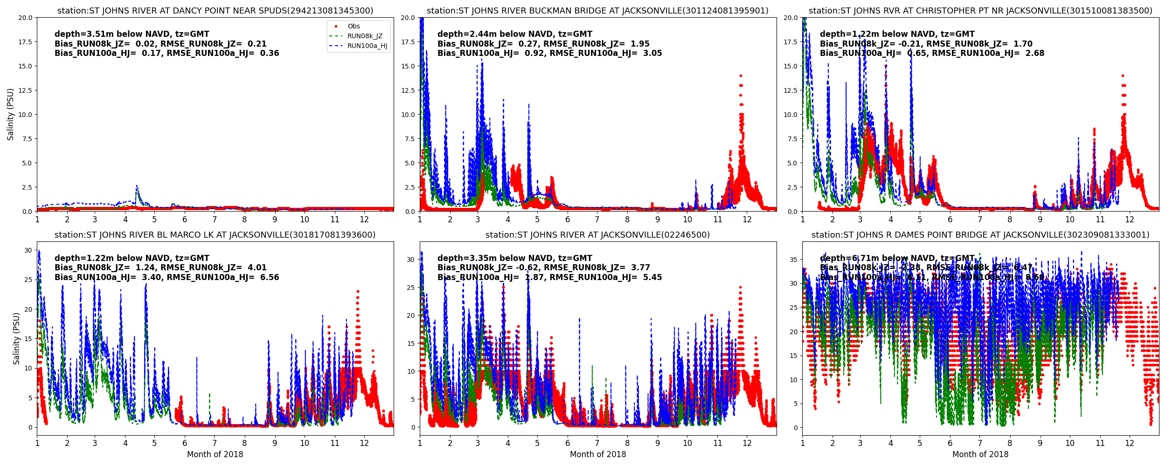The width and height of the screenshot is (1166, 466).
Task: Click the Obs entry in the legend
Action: (x=354, y=27)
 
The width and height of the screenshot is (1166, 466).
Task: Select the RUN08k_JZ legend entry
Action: (x=365, y=36)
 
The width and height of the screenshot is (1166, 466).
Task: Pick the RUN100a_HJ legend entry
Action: (x=367, y=46)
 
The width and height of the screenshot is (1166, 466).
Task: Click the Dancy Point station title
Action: (x=215, y=11)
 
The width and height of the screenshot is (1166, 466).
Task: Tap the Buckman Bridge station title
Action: (x=597, y=11)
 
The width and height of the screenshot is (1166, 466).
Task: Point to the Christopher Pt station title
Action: (x=980, y=11)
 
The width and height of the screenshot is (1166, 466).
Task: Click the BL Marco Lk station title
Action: (x=215, y=235)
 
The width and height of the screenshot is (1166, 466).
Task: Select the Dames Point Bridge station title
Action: (x=980, y=235)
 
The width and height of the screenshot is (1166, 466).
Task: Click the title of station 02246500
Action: (x=597, y=235)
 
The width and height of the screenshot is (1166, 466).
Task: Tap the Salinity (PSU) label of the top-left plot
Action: (x=11, y=115)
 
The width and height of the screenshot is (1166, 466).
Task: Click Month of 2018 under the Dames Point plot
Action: (x=980, y=454)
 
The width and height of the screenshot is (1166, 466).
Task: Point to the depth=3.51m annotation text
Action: (x=132, y=34)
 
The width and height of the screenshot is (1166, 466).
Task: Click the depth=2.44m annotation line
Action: (x=515, y=34)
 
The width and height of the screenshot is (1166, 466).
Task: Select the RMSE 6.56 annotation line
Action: (x=167, y=277)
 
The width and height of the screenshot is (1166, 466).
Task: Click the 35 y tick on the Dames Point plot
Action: (x=793, y=260)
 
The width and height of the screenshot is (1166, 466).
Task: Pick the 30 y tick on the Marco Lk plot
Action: (x=28, y=250)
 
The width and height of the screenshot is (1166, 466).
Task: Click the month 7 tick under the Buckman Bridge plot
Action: (x=597, y=219)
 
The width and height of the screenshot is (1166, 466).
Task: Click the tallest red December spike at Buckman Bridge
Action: (x=741, y=76)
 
